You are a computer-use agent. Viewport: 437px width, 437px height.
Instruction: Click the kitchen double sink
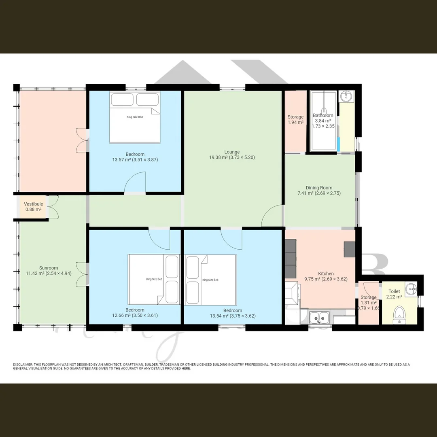click(x=319, y=318)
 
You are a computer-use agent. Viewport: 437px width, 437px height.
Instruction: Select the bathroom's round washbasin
click(x=346, y=96)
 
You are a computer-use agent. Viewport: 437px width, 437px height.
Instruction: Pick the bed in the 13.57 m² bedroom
click(x=135, y=117)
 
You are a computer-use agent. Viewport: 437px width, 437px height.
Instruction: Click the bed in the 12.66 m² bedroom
click(x=154, y=279)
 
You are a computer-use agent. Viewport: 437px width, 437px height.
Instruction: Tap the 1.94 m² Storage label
click(x=295, y=119)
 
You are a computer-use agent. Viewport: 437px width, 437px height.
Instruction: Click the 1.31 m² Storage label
click(x=368, y=300)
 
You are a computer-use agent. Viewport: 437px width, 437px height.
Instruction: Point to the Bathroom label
click(x=323, y=118)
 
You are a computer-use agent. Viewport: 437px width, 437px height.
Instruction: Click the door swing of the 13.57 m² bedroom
click(x=136, y=182)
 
